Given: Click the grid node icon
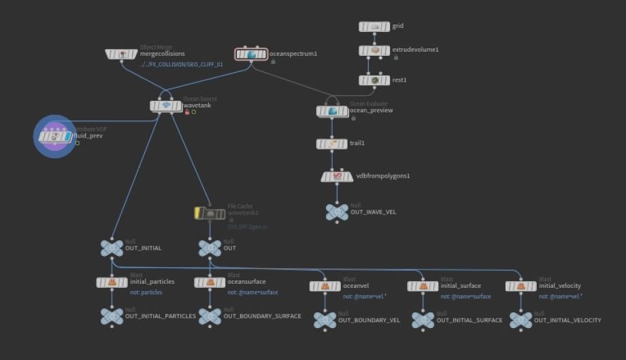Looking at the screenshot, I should (x=374, y=27).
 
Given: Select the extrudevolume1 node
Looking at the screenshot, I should (x=374, y=50).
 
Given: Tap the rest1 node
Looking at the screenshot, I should (x=374, y=80).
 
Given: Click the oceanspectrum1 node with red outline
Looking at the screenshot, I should (x=251, y=54).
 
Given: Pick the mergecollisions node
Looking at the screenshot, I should (x=122, y=54).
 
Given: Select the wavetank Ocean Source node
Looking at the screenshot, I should (x=166, y=105).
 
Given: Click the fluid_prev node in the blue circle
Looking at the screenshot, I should (x=55, y=135).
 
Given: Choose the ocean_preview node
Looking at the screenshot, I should (x=332, y=110).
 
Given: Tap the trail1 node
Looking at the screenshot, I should (x=332, y=144).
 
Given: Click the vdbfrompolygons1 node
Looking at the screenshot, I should (x=336, y=176).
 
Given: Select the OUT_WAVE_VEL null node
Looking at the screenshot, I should (x=336, y=212).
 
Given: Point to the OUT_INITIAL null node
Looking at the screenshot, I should (x=112, y=248).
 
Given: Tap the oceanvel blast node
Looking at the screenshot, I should (x=325, y=287).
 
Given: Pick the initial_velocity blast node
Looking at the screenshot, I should (x=521, y=286).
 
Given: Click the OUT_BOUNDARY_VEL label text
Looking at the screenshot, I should (x=369, y=320).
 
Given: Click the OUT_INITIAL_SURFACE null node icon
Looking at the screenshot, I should (x=423, y=320).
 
